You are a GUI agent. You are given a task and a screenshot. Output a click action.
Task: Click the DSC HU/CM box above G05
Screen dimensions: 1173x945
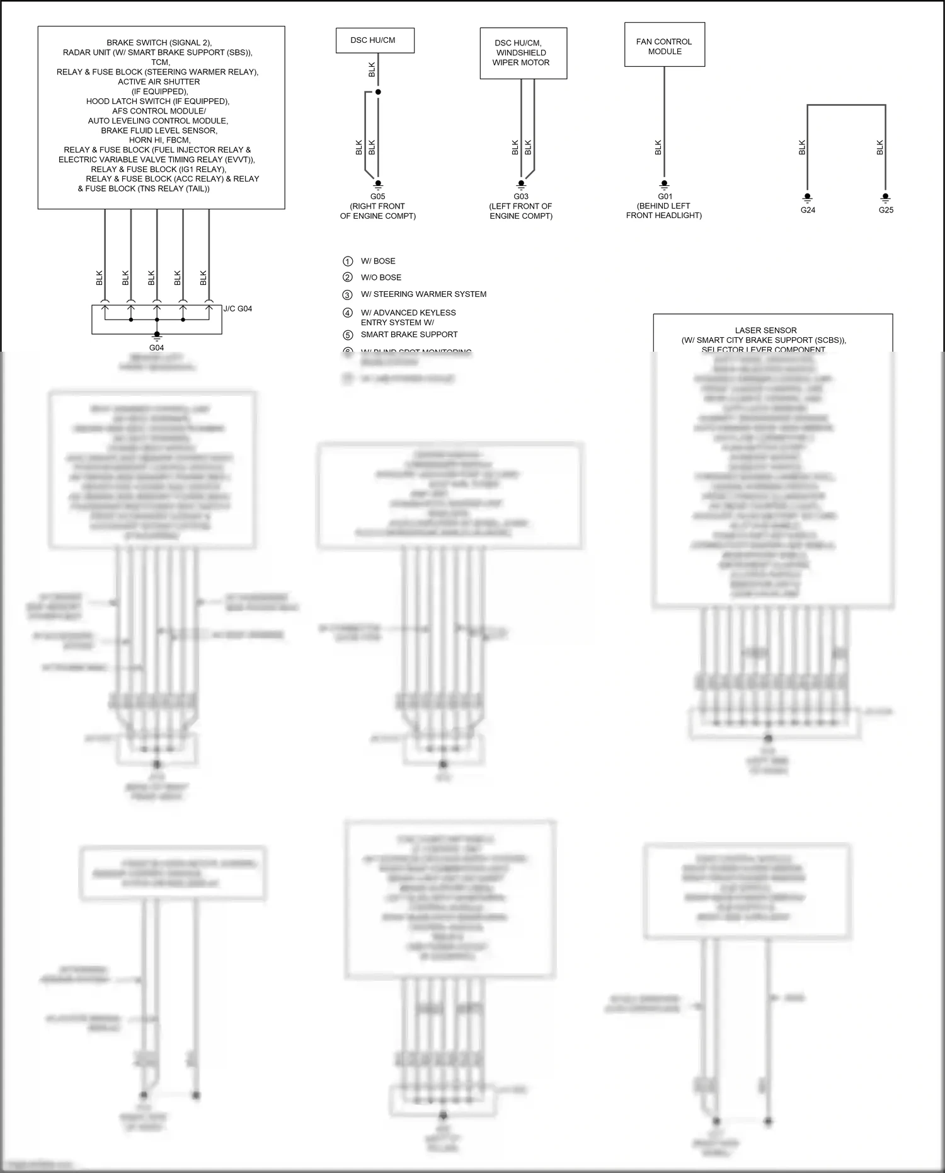374,40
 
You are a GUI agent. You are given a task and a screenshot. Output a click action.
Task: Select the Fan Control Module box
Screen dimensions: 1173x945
664,45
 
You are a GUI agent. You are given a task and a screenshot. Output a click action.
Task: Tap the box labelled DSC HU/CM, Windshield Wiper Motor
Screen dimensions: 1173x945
523,53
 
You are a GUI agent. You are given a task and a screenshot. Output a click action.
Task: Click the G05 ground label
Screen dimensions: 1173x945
377,197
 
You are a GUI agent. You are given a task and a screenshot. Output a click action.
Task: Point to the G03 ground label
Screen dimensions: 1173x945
521,197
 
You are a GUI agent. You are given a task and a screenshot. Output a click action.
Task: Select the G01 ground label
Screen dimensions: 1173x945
665,196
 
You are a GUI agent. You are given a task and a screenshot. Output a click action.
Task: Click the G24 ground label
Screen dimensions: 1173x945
808,210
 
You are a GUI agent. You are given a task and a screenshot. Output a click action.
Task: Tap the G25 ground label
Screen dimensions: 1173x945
886,210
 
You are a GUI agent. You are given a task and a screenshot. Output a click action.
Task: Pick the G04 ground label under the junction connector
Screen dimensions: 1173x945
156,348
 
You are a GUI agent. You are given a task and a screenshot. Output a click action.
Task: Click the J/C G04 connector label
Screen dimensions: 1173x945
238,309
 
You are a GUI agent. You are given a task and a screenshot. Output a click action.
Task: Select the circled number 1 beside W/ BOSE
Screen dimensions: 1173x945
348,261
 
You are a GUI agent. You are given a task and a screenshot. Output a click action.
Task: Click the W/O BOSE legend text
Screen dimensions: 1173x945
381,277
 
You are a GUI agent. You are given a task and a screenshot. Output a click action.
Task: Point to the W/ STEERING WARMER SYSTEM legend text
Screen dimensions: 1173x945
423,294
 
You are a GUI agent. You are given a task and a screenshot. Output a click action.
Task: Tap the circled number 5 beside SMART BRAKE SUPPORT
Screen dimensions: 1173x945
348,335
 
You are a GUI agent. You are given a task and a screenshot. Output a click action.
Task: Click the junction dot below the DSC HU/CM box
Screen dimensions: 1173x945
378,92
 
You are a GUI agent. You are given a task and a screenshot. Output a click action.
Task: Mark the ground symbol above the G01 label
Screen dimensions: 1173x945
664,185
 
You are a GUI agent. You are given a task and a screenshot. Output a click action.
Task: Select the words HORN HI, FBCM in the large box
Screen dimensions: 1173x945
159,140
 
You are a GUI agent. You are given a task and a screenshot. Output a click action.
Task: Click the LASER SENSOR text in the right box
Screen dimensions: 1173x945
765,330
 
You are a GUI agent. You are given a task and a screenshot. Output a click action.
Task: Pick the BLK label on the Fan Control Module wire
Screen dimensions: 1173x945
658,147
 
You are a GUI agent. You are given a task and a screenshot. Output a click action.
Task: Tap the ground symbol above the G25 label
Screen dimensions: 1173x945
886,197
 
